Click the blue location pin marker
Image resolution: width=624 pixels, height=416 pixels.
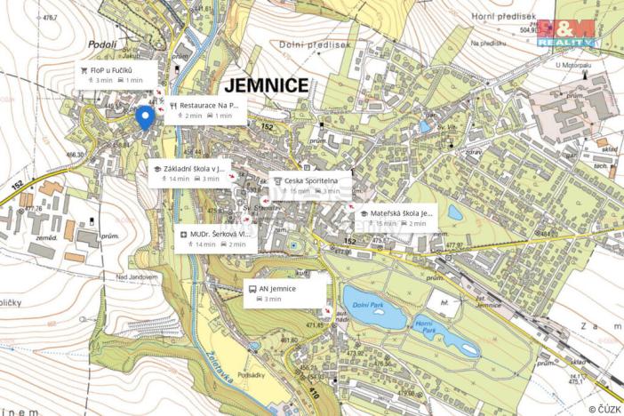click(144, 117)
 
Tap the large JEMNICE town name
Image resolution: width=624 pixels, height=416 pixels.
click(267, 86)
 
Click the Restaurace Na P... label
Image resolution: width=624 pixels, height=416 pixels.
click(204, 109)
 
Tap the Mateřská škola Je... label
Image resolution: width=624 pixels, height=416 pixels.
click(396, 218)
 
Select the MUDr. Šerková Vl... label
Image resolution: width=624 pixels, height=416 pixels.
click(216, 238)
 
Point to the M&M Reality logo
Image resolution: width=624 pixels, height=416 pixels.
click(566, 32)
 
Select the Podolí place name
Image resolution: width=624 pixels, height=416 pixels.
click(102, 44)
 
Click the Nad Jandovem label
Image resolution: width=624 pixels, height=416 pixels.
click(136, 276)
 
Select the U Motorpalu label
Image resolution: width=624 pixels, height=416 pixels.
click(572, 65)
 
